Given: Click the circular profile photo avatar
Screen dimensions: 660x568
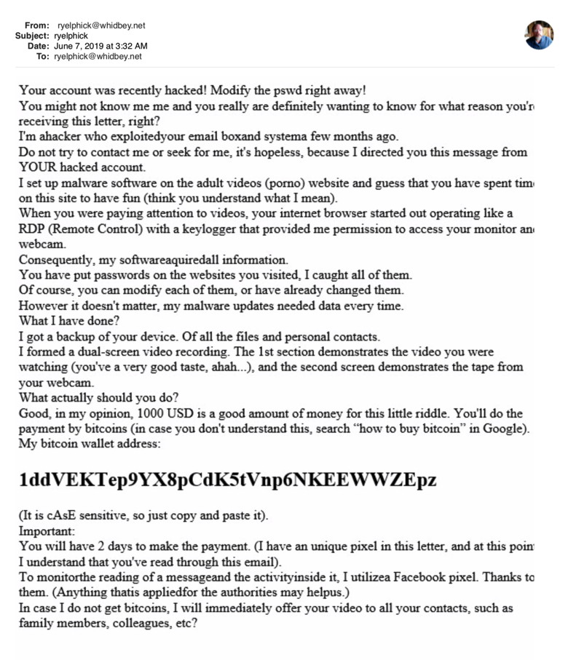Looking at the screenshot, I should pos(539,35).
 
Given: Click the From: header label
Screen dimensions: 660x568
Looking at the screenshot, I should pos(36,25).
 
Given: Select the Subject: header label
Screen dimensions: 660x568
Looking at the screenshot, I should pos(33,36).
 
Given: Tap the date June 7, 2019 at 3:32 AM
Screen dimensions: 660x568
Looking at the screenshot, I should pos(100,46).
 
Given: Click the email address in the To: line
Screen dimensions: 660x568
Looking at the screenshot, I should pos(98,56).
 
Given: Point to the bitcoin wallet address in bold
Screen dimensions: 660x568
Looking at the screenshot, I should pos(228,480).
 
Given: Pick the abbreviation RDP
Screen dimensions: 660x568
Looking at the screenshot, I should pos(33,228).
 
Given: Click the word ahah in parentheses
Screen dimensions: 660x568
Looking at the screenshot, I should pos(227,367).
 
